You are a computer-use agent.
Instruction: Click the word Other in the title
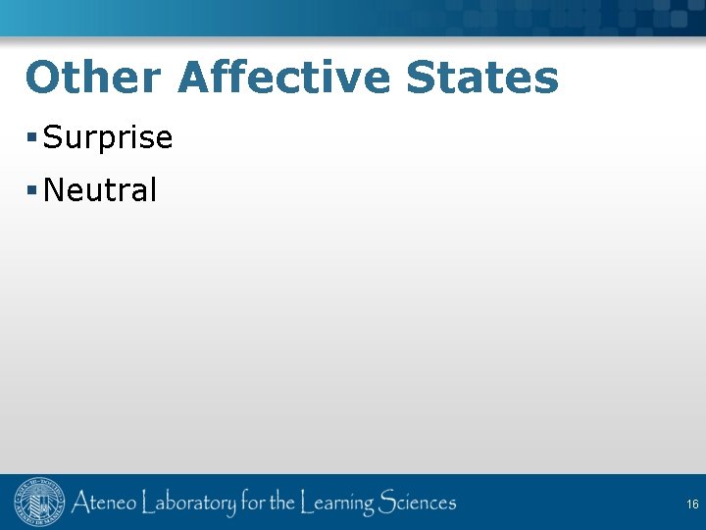click(93, 78)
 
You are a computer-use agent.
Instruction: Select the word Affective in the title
click(284, 78)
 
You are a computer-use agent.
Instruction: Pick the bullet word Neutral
click(100, 190)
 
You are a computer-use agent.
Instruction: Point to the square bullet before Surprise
click(33, 138)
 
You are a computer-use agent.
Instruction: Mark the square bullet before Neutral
click(33, 189)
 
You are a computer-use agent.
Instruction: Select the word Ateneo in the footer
click(103, 504)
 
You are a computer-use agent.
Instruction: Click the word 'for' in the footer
click(253, 504)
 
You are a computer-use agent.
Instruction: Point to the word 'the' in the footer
click(282, 504)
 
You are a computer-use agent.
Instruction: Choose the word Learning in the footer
click(337, 504)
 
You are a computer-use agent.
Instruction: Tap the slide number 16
click(692, 504)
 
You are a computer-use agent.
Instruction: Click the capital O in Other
click(43, 78)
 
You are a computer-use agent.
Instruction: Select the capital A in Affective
click(194, 78)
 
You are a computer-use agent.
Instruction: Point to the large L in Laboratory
click(148, 504)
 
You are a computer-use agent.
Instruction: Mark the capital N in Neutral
click(54, 190)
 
